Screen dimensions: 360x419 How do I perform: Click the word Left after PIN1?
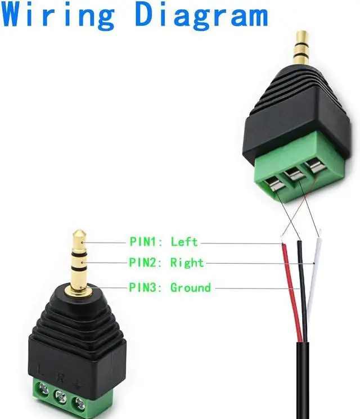(x=184, y=242)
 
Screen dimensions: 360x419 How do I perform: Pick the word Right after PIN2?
(x=187, y=263)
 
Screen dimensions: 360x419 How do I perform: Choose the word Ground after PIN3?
(x=190, y=288)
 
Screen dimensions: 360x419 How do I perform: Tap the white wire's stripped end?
(x=319, y=235)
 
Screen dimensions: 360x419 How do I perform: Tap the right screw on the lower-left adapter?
(x=80, y=402)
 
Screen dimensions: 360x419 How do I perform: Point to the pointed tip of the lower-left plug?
(x=79, y=232)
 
